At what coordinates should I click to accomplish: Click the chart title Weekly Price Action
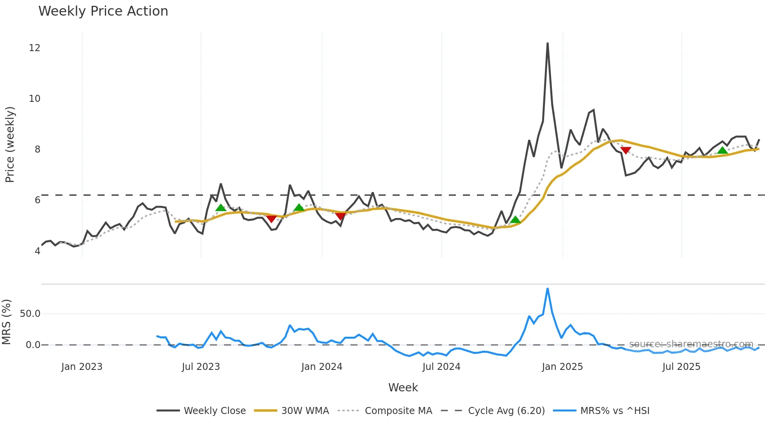point(103,11)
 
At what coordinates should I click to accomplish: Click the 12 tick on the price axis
point(34,48)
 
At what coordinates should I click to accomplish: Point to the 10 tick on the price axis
point(34,99)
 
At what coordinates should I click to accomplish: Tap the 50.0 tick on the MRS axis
point(30,314)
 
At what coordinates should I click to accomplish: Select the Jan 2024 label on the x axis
point(322,367)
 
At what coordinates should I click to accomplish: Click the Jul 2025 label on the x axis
point(681,367)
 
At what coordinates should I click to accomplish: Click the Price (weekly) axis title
point(10,144)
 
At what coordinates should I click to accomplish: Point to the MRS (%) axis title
point(7,322)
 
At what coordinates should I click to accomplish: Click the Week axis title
point(403,387)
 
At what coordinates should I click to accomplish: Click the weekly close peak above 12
point(548,43)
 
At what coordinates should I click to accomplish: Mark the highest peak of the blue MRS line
point(548,289)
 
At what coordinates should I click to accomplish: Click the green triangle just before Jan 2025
point(515,220)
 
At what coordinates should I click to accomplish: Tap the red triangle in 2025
point(626,150)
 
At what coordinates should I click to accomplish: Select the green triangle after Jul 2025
point(722,151)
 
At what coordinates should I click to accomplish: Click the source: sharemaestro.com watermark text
point(691,344)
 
